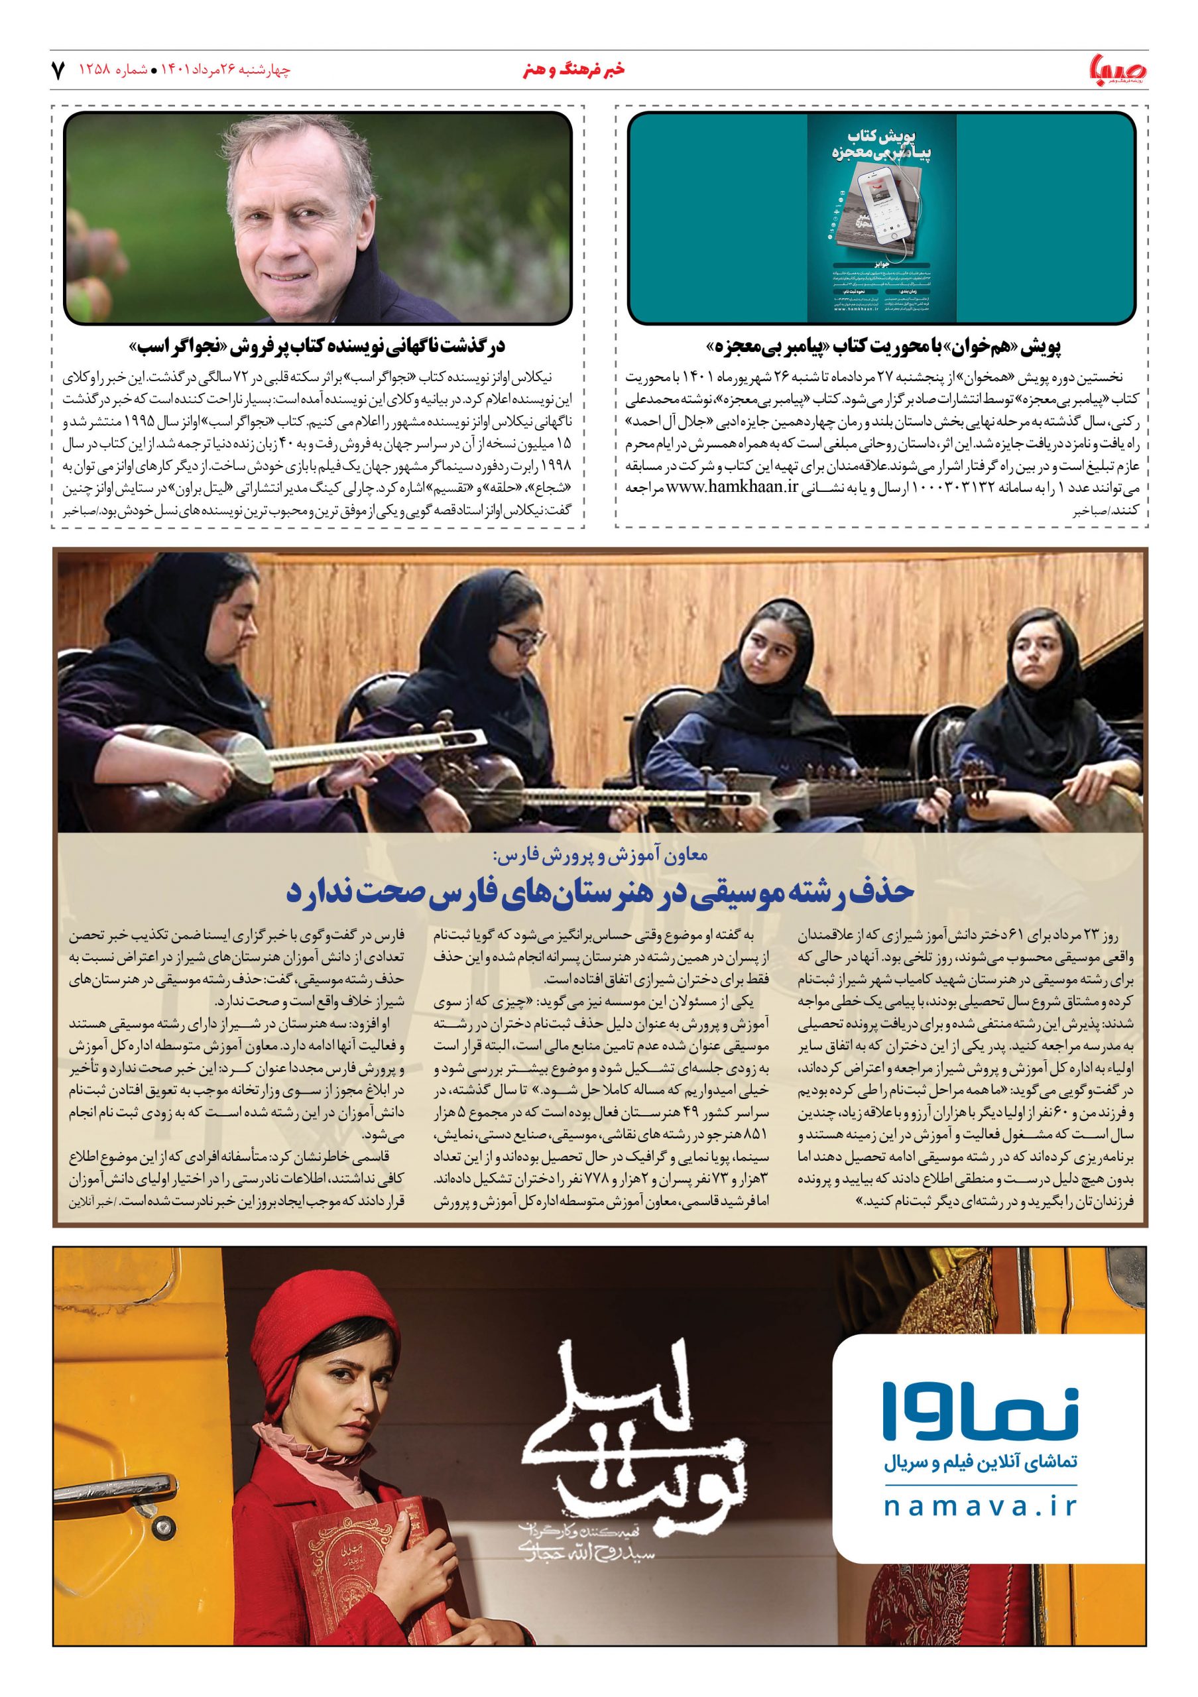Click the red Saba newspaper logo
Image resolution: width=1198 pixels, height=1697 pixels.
click(1116, 70)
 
